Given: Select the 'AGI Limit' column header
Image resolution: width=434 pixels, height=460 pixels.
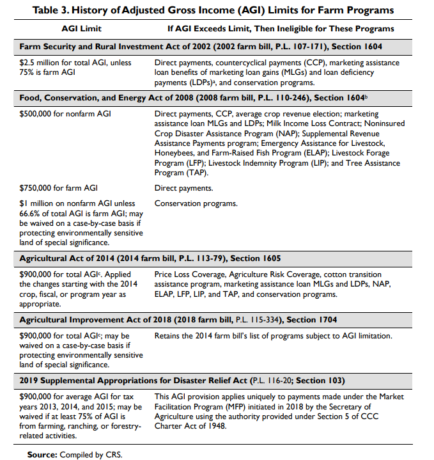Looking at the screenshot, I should coord(82,29).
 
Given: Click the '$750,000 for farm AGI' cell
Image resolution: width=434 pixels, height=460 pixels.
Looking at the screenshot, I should coord(59,188).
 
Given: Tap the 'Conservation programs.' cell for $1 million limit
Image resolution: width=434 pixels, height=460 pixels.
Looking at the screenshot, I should coord(196,203).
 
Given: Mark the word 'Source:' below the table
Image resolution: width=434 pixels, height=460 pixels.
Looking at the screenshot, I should coord(42,454).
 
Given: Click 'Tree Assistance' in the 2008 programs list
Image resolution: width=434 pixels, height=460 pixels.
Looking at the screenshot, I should coord(370,163).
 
